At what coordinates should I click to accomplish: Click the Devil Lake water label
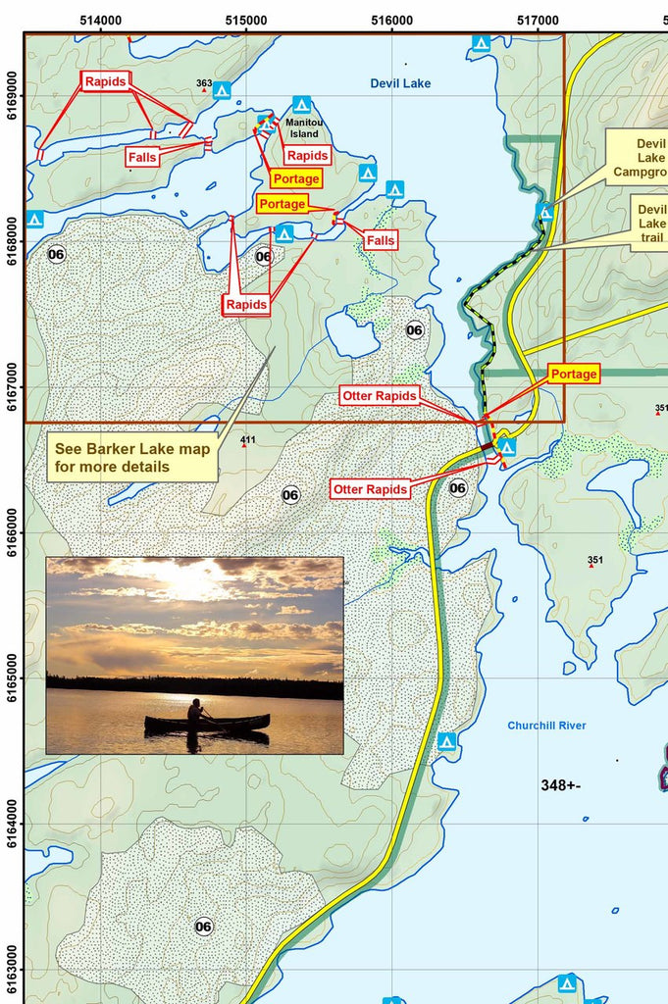click(400, 83)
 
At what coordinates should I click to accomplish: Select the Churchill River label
click(546, 726)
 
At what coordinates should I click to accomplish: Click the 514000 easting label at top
click(101, 20)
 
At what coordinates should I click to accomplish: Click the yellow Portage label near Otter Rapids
click(574, 374)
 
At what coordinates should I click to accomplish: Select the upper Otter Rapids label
click(380, 395)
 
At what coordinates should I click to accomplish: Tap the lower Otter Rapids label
click(370, 489)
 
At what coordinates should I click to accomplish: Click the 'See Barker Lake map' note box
click(132, 458)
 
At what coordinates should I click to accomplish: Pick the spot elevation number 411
click(247, 439)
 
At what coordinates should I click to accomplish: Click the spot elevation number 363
click(204, 83)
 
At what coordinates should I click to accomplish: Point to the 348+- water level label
click(561, 785)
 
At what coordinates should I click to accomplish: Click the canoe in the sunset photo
click(207, 723)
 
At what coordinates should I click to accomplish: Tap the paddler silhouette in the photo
click(195, 711)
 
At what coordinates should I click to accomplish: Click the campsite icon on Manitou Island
click(301, 104)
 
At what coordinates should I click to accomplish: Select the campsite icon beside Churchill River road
click(446, 741)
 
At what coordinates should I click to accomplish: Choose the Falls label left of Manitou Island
click(142, 156)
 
